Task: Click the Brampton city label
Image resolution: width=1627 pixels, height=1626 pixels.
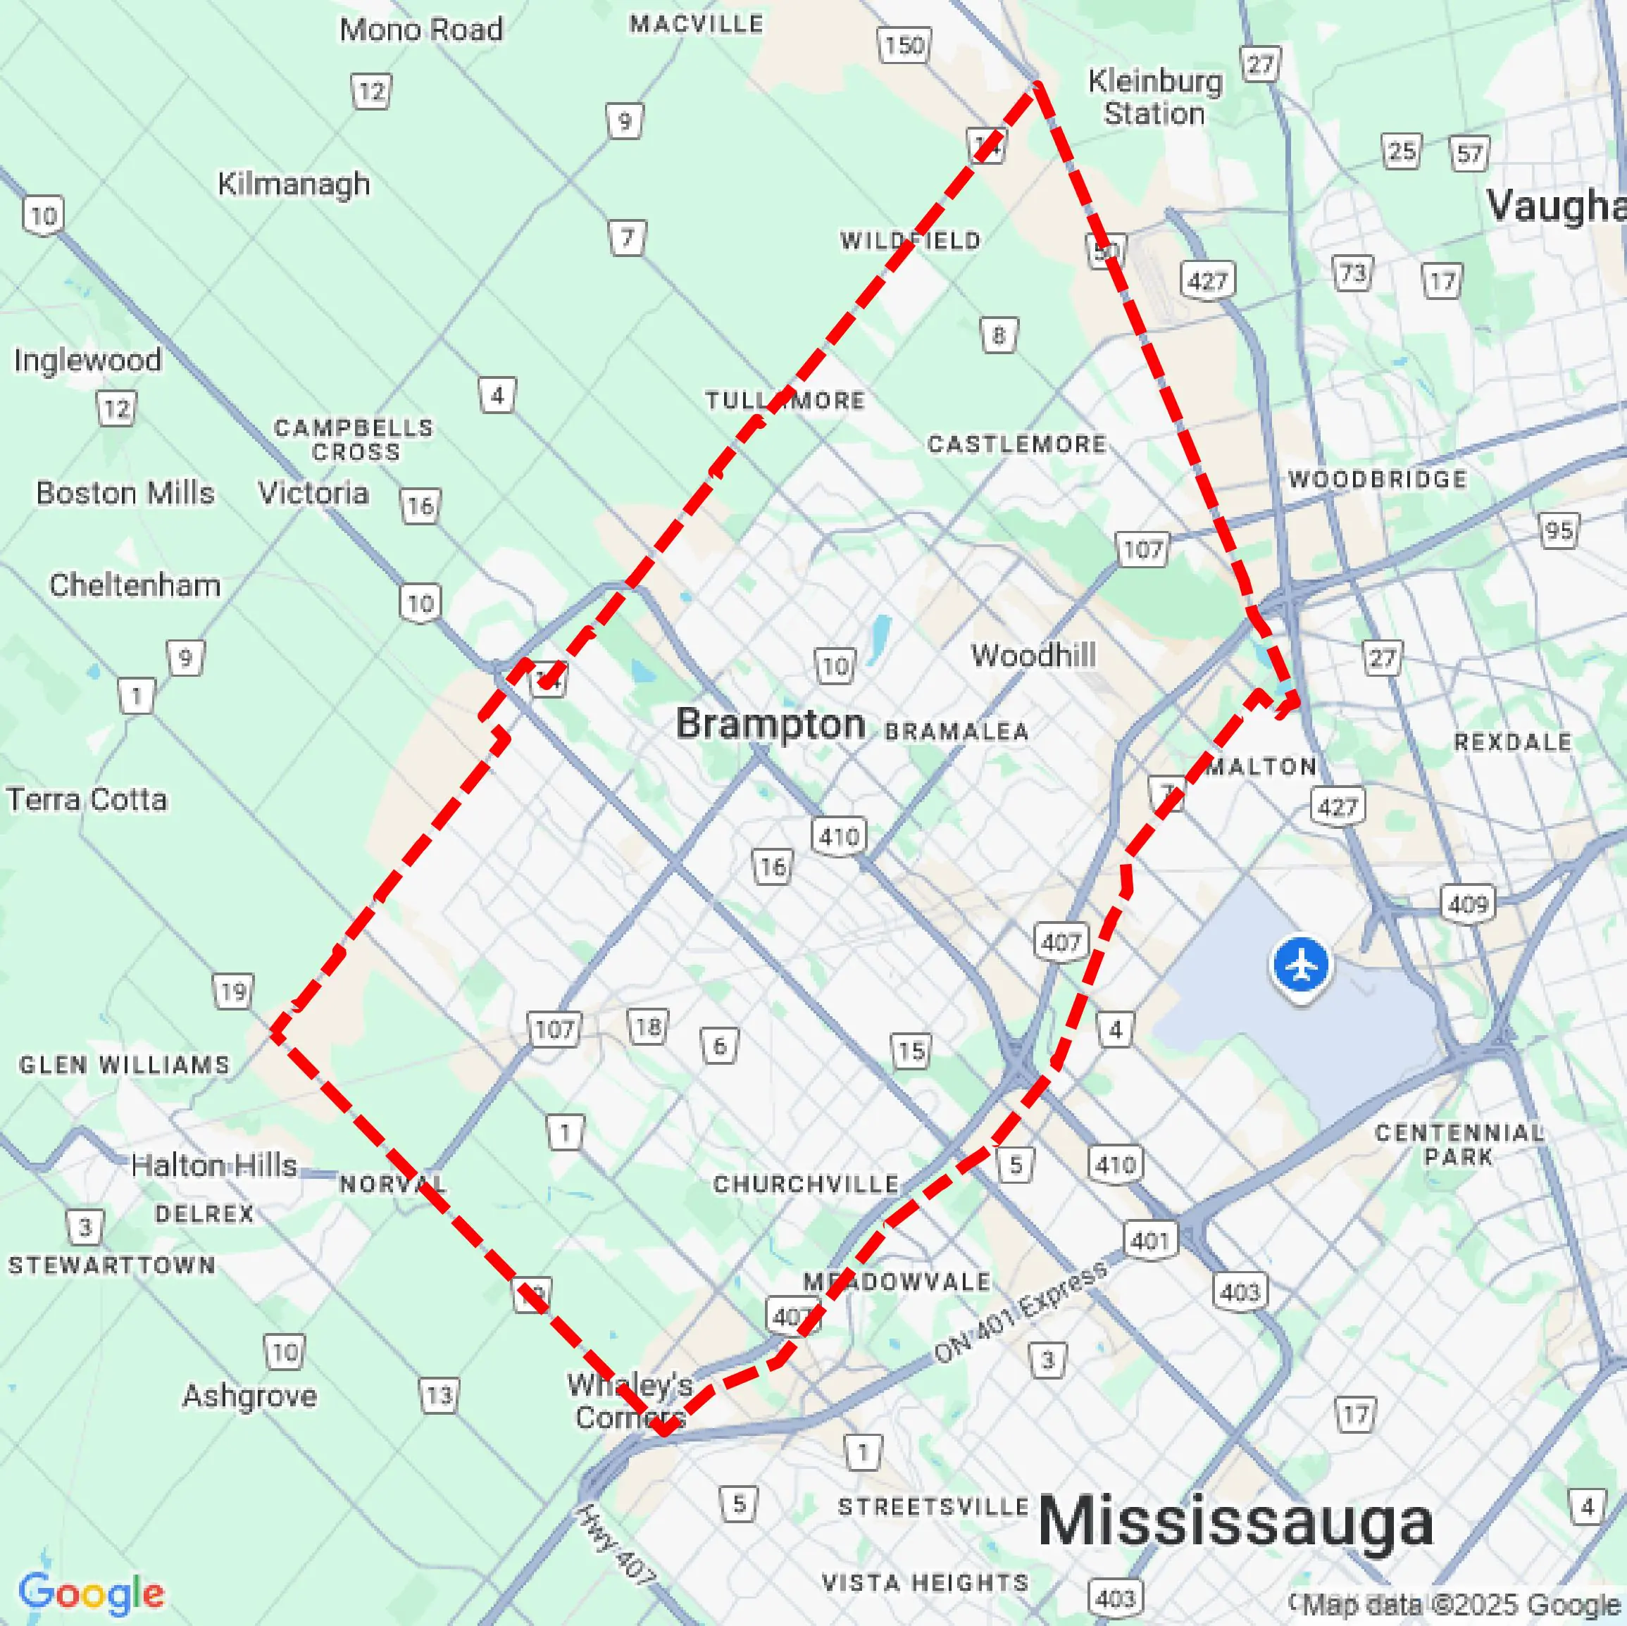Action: pyautogui.click(x=770, y=724)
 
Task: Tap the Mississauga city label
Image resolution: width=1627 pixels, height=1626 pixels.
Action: pyautogui.click(x=1235, y=1521)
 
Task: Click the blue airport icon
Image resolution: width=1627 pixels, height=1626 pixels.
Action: pyautogui.click(x=1301, y=966)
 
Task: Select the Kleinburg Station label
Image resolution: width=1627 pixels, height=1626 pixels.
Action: pyautogui.click(x=1154, y=98)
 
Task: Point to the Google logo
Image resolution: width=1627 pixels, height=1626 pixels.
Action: pyautogui.click(x=91, y=1593)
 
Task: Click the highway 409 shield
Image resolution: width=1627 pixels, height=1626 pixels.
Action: pyautogui.click(x=1468, y=904)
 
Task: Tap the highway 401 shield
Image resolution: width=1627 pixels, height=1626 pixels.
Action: pyautogui.click(x=1150, y=1240)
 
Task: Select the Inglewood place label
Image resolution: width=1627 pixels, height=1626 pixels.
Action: pyautogui.click(x=87, y=361)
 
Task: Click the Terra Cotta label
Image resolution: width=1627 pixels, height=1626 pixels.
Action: pyautogui.click(x=87, y=799)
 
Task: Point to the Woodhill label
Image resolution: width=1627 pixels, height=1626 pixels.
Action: pyautogui.click(x=1033, y=655)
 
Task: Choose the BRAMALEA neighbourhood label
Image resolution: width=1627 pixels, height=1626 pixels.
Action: pyautogui.click(x=956, y=731)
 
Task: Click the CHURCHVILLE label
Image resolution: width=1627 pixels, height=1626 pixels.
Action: pyautogui.click(x=806, y=1184)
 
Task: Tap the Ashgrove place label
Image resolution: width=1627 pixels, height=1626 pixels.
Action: pyautogui.click(x=250, y=1395)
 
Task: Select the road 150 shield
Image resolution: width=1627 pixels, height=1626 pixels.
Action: pyautogui.click(x=904, y=44)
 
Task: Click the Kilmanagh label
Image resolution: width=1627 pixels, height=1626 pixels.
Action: pyautogui.click(x=294, y=184)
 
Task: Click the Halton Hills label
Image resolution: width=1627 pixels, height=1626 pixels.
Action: pyautogui.click(x=214, y=1165)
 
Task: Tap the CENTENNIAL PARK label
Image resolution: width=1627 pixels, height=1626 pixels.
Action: pyautogui.click(x=1459, y=1144)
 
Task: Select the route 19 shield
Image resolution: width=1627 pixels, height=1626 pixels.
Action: pyautogui.click(x=233, y=992)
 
